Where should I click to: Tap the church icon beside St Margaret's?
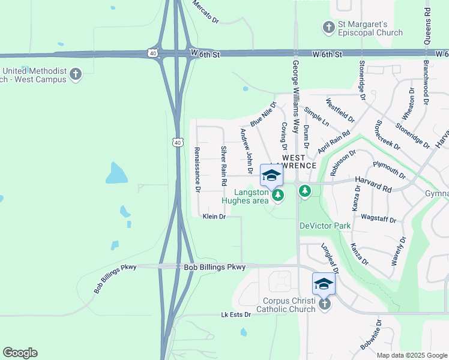click(x=328, y=27)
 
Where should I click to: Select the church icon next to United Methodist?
click(x=75, y=74)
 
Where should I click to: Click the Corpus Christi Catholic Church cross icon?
click(x=324, y=304)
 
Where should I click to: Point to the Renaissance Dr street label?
click(x=197, y=169)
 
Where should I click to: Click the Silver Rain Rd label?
click(x=223, y=165)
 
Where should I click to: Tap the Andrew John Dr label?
click(x=246, y=148)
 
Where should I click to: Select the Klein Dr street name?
click(x=214, y=216)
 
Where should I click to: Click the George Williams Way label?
click(x=295, y=96)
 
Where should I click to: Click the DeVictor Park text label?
click(x=325, y=226)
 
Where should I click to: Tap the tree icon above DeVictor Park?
click(x=306, y=191)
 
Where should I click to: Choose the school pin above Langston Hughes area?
click(x=271, y=175)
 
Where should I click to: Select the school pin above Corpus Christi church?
click(x=324, y=283)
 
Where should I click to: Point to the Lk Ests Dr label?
click(x=234, y=314)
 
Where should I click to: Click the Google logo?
click(x=20, y=353)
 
